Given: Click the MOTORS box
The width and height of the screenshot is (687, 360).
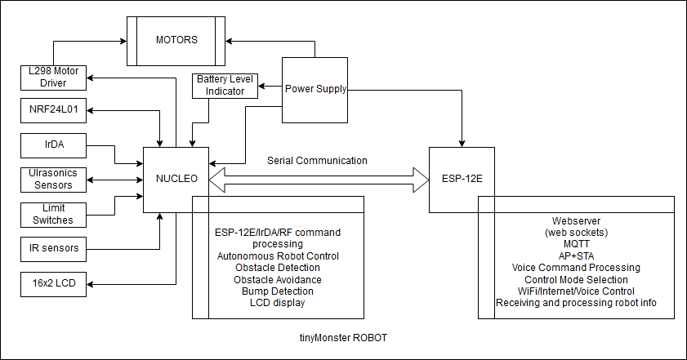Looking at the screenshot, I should click(176, 39).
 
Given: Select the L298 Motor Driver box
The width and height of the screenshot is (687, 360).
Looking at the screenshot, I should click(54, 78).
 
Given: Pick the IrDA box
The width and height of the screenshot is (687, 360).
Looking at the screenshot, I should click(54, 145).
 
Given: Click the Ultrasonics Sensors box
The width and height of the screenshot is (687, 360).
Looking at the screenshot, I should click(54, 180).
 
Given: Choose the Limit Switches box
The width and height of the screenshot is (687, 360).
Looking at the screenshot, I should click(54, 214).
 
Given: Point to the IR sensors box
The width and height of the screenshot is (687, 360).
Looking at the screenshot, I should click(54, 247).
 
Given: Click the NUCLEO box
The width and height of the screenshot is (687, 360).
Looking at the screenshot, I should click(176, 178).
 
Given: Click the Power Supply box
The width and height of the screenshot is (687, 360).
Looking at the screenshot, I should click(315, 89).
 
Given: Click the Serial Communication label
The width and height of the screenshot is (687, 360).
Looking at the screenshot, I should click(318, 161).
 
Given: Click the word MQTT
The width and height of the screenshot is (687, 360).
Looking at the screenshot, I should click(576, 244).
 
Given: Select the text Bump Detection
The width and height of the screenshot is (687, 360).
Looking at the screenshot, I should click(278, 291).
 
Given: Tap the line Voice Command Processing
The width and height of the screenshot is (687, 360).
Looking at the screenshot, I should click(576, 268).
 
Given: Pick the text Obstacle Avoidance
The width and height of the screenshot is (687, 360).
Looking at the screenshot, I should click(278, 279).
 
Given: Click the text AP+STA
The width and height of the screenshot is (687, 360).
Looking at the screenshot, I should click(576, 256).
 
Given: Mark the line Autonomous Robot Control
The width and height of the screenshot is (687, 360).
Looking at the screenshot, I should click(278, 256).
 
